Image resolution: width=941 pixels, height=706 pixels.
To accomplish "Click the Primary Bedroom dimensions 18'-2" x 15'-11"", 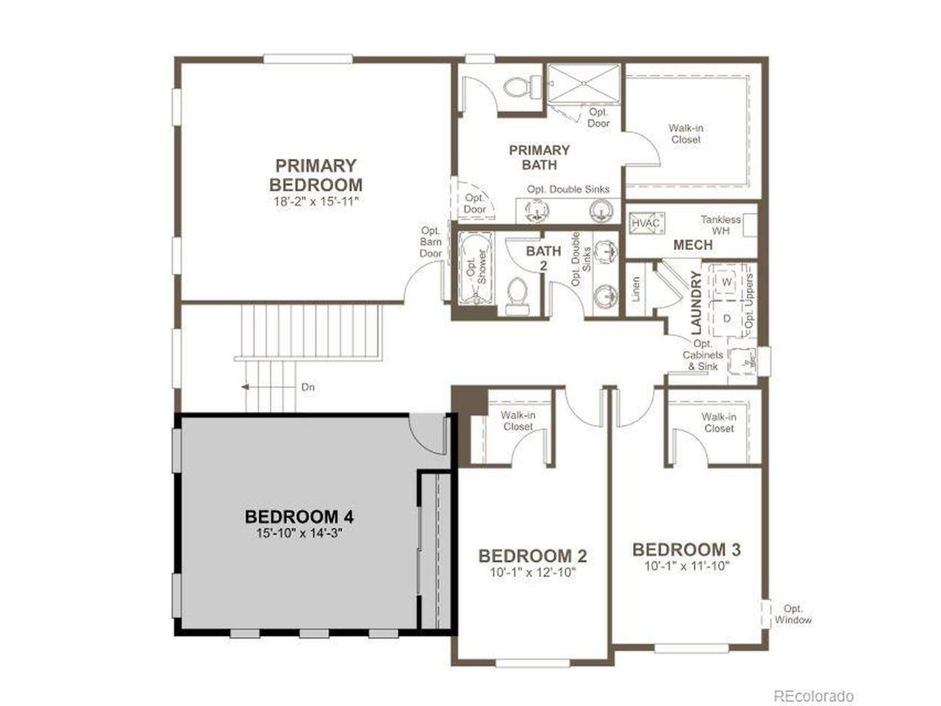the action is point(315,201).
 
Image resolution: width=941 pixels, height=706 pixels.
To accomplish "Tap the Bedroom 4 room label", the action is point(298,516).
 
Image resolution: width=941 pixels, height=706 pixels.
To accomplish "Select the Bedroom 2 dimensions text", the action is point(532,572).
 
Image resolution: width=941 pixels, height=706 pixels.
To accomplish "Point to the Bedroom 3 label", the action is point(687,549).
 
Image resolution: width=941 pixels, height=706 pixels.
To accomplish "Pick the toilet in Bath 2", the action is point(517,296).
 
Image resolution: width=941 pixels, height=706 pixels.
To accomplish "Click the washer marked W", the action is point(726,282).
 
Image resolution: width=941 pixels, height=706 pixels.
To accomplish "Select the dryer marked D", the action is point(726,318).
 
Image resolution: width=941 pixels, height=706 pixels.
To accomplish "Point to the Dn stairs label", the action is point(308,387).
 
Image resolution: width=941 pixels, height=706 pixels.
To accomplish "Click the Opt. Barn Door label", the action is point(431,242).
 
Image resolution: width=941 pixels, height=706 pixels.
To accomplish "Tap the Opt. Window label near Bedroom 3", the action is point(793,614).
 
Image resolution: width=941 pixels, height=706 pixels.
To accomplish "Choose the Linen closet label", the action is point(636,288).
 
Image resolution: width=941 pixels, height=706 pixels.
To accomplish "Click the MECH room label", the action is point(693,245).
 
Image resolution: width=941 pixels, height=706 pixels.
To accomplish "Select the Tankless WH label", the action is point(720,225).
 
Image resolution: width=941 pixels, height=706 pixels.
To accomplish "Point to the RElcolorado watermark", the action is point(813,696).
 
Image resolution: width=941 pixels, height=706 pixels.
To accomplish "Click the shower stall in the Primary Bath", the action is point(584,84).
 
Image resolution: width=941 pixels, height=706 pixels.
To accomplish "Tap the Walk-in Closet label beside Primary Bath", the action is point(686,134).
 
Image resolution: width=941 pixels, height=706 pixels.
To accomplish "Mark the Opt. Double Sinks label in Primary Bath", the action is point(568,189).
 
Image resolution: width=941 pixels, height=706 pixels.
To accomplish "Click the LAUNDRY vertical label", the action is point(696,303).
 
